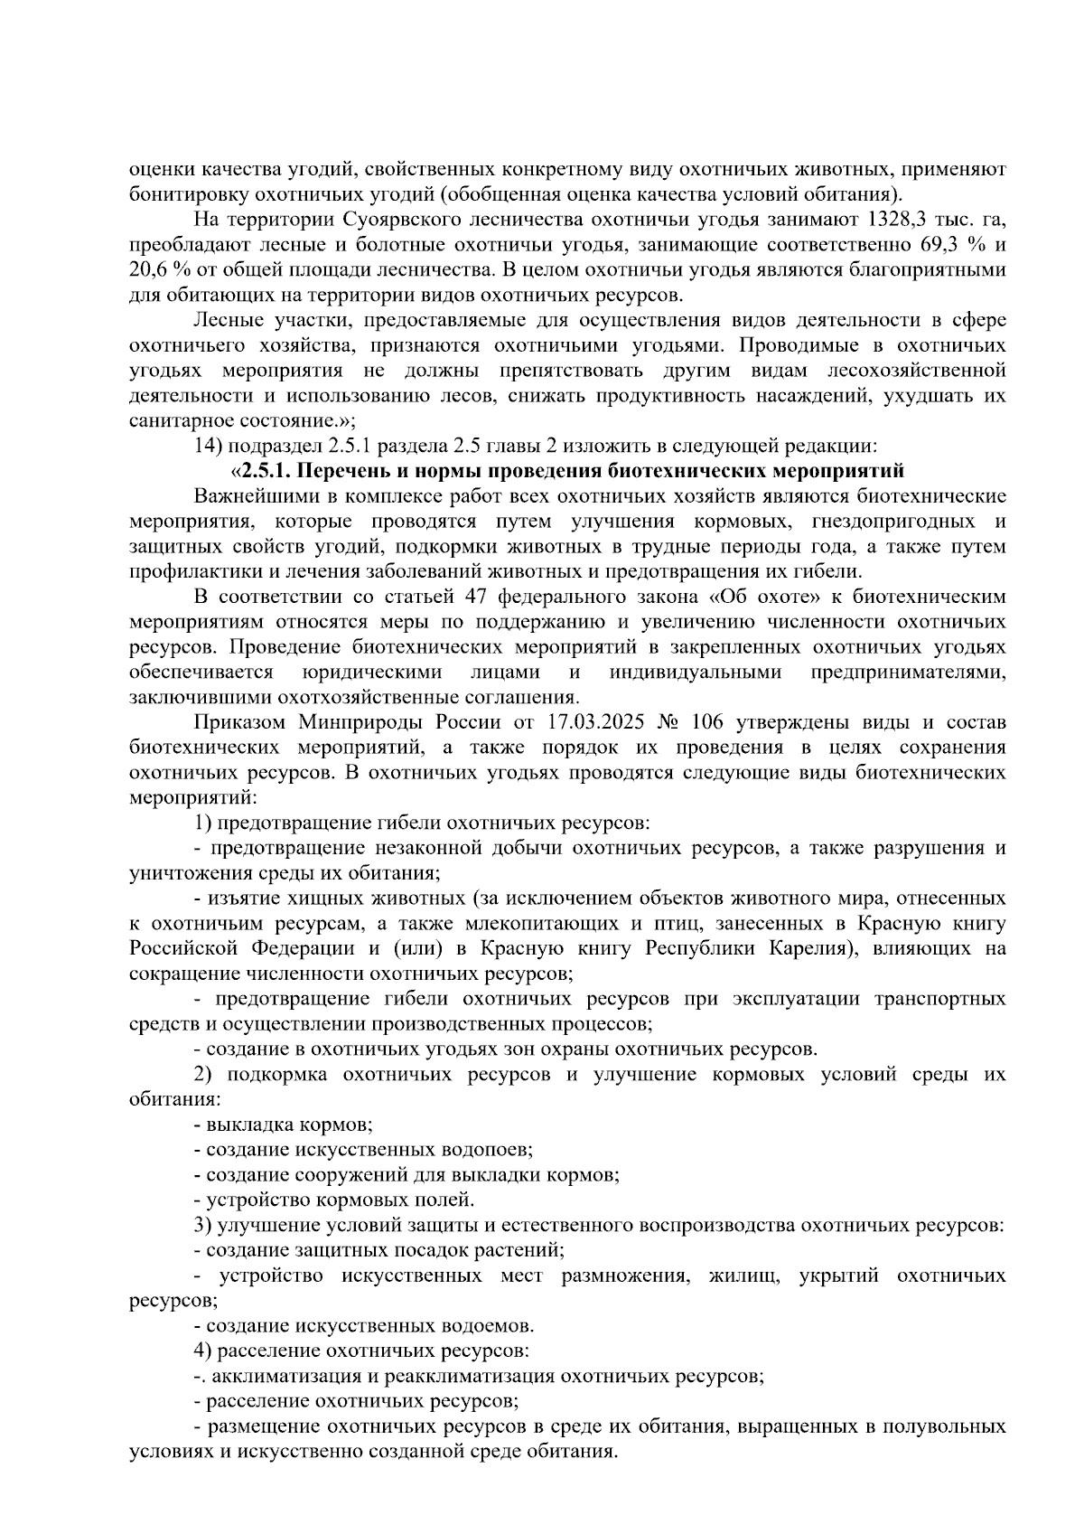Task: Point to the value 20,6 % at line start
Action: pos(158,270)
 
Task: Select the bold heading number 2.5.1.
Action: pos(265,471)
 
